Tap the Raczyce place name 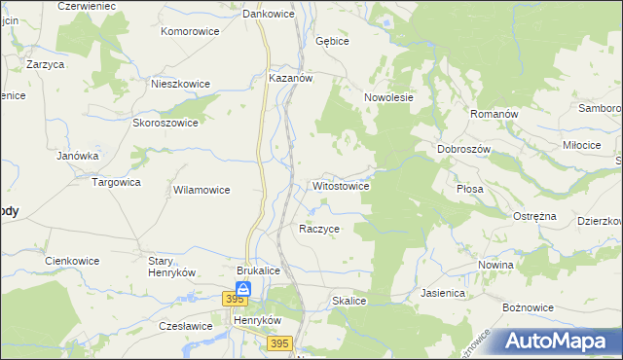pyautogui.click(x=319, y=229)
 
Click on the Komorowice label pyautogui.click(x=190, y=31)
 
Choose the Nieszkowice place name pyautogui.click(x=180, y=84)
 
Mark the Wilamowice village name pyautogui.click(x=201, y=191)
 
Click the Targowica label pyautogui.click(x=116, y=182)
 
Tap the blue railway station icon pyautogui.click(x=242, y=289)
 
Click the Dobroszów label pyautogui.click(x=463, y=149)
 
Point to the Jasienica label pyautogui.click(x=443, y=292)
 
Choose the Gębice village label pyautogui.click(x=332, y=42)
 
